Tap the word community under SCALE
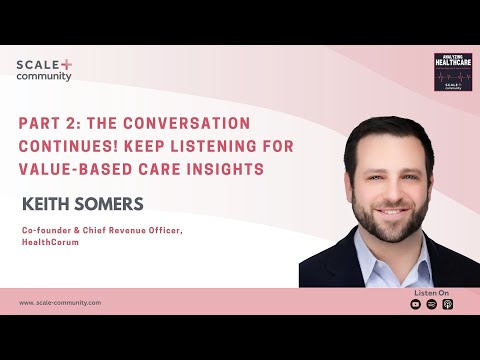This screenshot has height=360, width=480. pos(44,77)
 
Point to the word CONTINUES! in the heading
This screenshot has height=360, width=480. pos(70,147)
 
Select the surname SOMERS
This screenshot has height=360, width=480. pos(113,205)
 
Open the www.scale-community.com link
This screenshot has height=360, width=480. pos(60,302)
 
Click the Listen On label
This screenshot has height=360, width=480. pos(431,292)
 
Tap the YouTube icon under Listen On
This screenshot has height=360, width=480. pos(416,304)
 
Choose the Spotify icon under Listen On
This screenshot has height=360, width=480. pos(432,304)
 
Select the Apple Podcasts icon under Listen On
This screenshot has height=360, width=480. pos(447,304)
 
